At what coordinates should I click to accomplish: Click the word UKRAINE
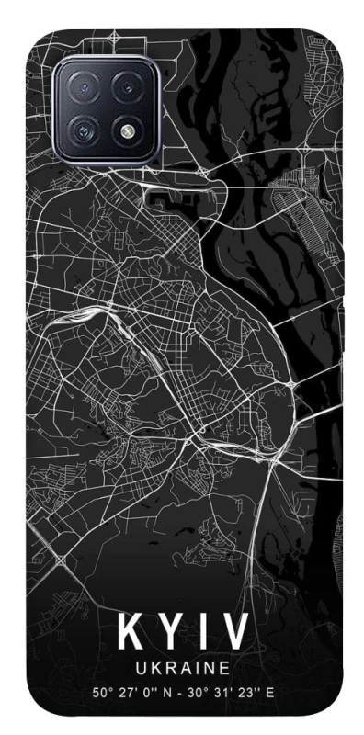tap(181, 668)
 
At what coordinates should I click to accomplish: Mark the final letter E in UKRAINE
tap(222, 668)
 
